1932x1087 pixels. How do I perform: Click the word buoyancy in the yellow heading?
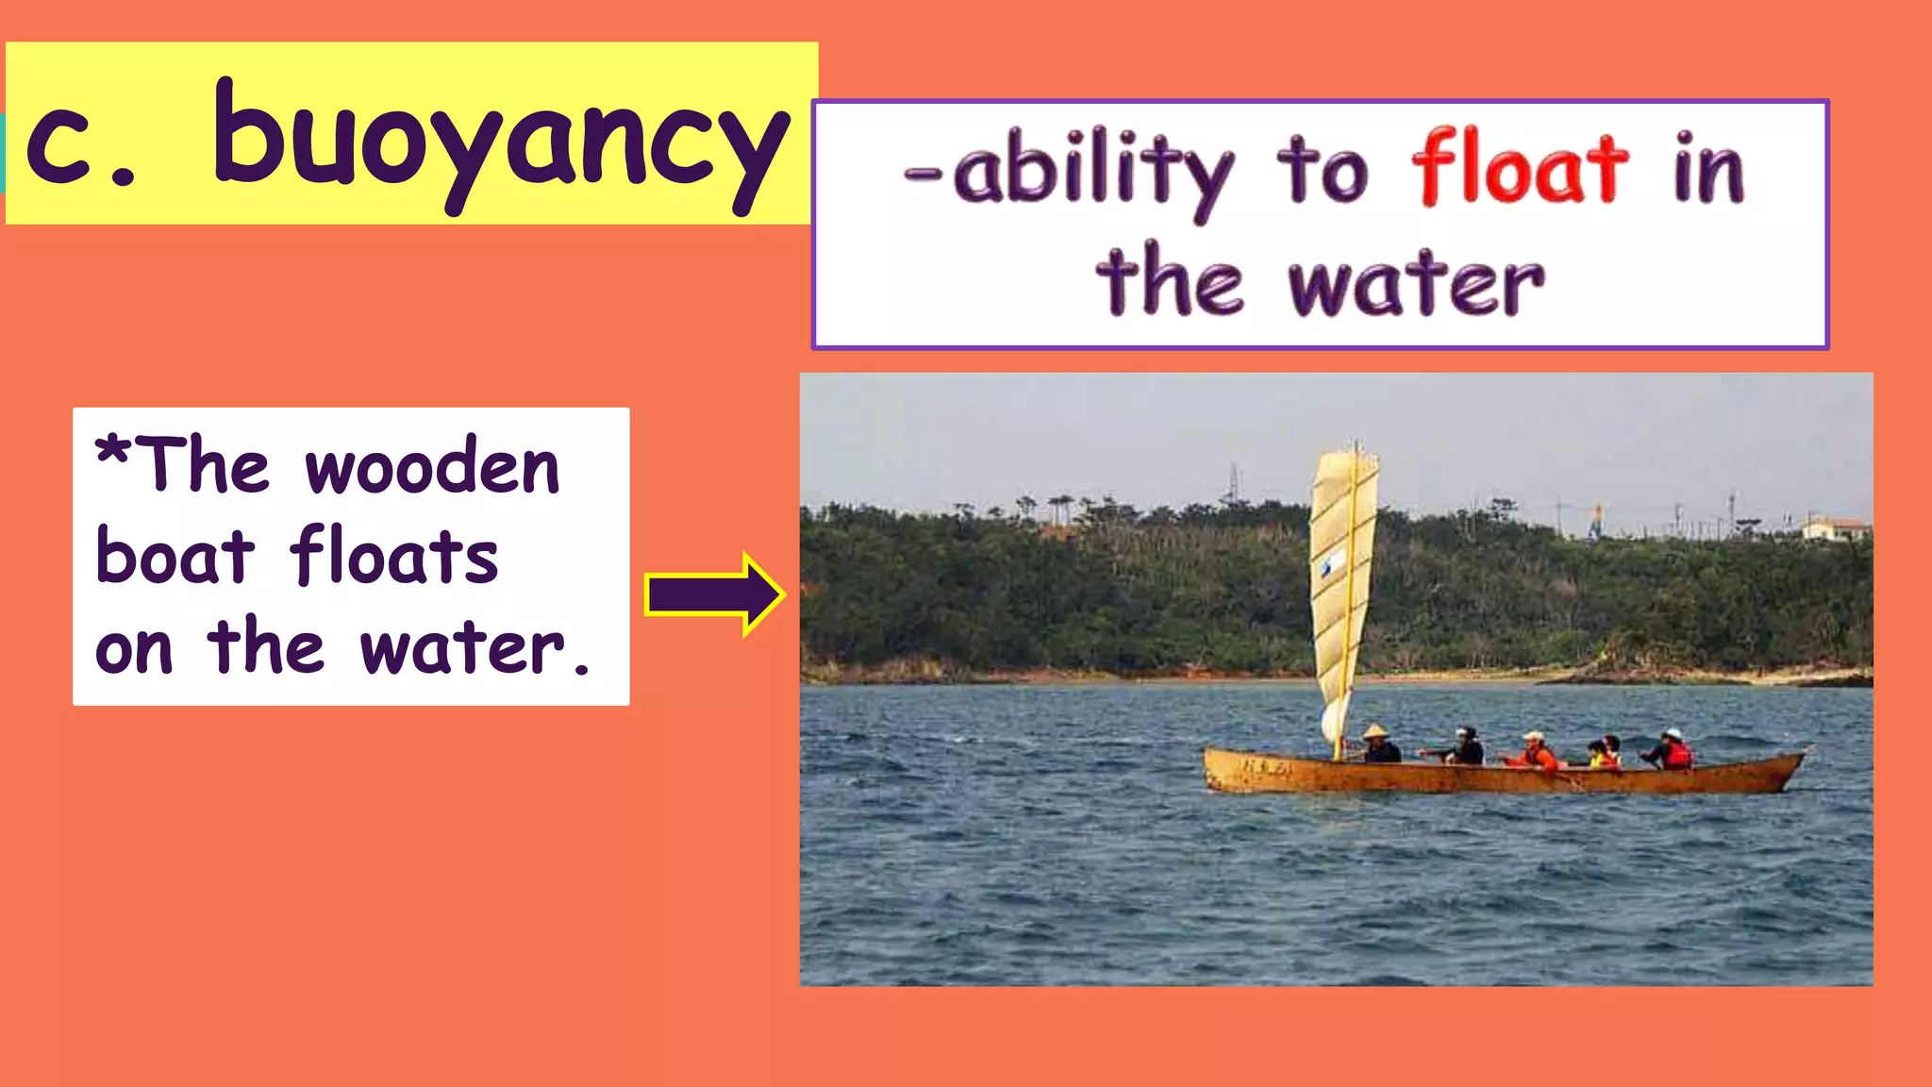(500, 142)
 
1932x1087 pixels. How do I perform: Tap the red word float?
(1520, 170)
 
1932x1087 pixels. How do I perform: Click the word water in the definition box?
(1416, 283)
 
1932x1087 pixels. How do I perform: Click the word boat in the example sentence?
(175, 557)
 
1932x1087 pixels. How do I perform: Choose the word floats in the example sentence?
(394, 557)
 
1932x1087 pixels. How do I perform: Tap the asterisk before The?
(113, 451)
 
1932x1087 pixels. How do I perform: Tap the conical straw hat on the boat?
(1375, 730)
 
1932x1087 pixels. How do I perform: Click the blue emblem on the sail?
(1331, 564)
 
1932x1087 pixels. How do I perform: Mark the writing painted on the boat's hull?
(1265, 766)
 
